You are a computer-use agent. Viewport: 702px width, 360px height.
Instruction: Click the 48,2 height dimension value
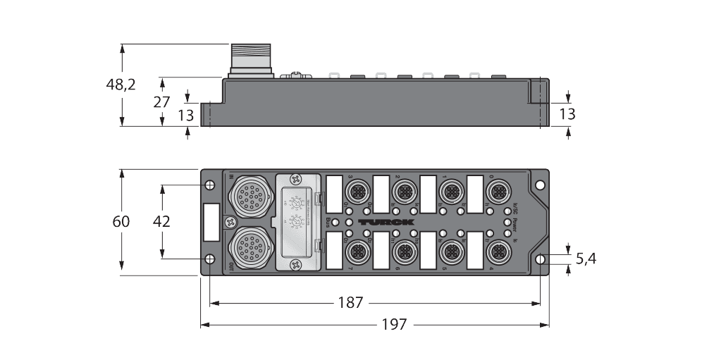pos(122,85)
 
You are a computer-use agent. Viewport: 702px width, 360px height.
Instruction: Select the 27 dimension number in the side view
pos(162,101)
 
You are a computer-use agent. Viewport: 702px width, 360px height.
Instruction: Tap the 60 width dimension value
pos(122,221)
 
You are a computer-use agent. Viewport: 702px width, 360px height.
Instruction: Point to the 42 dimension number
pos(162,221)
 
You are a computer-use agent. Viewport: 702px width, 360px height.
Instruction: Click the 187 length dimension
pos(350,303)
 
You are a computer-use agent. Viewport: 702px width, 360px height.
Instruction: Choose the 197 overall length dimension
pos(395,325)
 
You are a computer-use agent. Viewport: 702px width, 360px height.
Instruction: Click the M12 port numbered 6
pos(405,251)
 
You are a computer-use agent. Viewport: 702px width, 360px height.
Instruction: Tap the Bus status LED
pos(335,223)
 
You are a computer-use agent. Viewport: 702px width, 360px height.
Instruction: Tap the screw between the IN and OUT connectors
pos(229,221)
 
